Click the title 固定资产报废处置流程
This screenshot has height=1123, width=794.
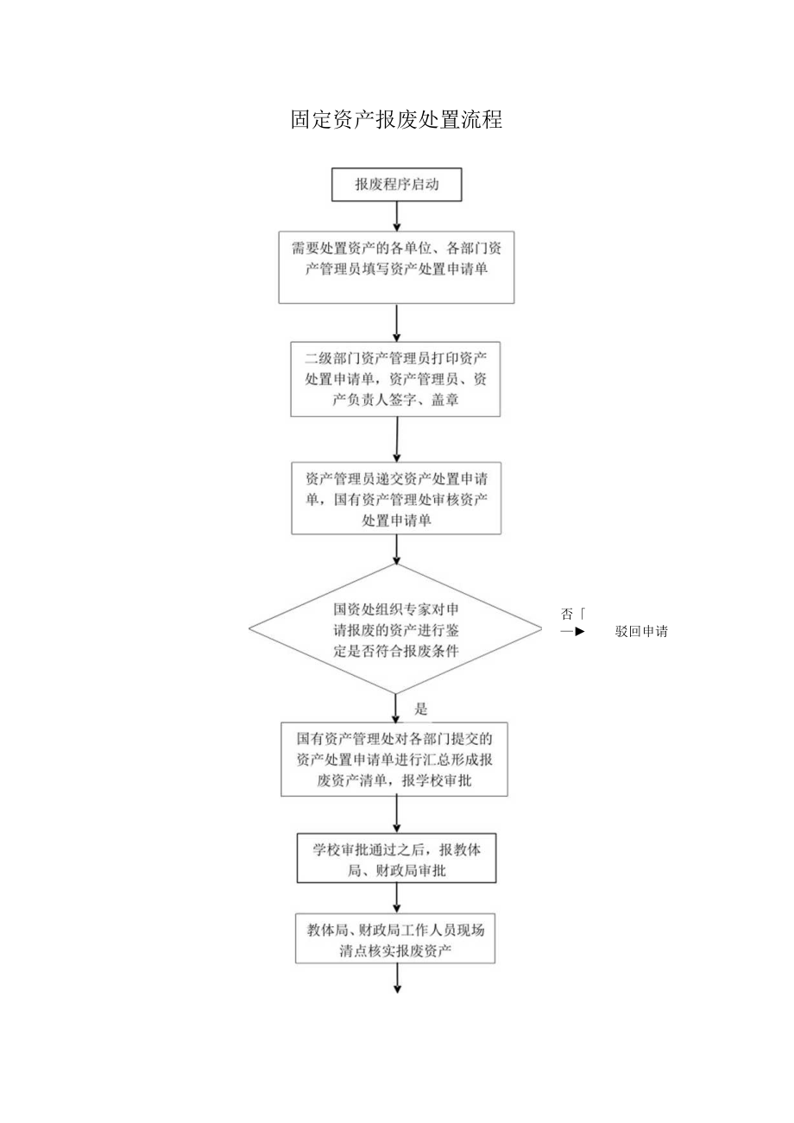396,119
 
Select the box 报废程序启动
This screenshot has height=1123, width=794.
396,184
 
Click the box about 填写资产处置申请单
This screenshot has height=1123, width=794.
396,266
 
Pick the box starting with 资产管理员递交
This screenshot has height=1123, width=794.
396,498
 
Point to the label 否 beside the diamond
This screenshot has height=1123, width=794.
567,615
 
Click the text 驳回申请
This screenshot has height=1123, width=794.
642,631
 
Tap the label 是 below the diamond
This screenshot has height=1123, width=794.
421,710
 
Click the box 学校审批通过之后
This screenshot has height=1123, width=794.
396,859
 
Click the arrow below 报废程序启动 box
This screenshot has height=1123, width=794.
396,216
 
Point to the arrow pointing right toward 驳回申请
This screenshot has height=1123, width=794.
573,631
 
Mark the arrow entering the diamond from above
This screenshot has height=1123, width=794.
396,549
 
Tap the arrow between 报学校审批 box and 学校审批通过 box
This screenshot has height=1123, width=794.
396,815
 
